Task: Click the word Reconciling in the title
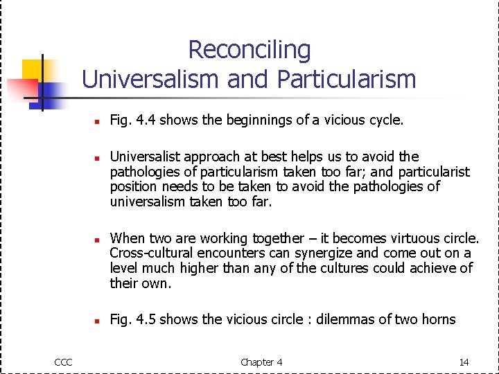[249, 50]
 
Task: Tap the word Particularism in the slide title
[347, 79]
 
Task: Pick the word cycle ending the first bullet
[384, 121]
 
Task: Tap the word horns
[437, 319]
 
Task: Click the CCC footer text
[64, 362]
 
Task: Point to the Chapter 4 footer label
[261, 362]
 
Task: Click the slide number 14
[464, 362]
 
